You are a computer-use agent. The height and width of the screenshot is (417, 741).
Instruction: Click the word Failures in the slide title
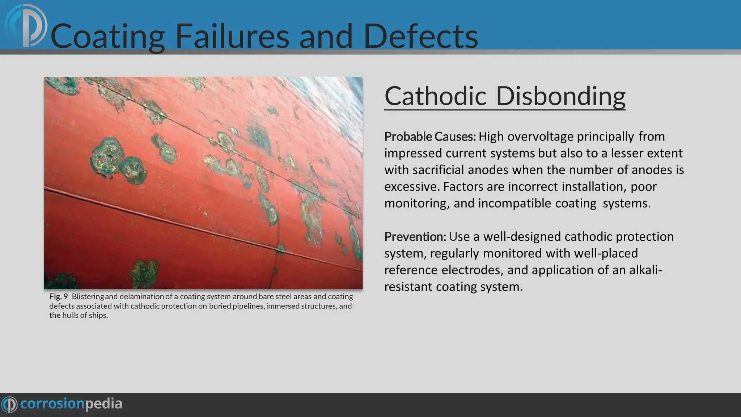point(232,36)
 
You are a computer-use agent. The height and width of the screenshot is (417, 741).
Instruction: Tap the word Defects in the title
point(420,36)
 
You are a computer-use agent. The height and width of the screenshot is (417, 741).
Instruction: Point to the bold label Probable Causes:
point(430,136)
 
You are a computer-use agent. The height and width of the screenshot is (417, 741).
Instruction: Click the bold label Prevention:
point(415,236)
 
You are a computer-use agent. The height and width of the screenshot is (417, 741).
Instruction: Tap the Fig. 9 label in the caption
point(59,296)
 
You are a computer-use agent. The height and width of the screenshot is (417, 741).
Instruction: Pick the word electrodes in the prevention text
point(472,270)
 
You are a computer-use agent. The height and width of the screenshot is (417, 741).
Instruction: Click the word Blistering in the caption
point(88,296)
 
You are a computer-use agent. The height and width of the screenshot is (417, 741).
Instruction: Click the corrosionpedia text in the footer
point(71,404)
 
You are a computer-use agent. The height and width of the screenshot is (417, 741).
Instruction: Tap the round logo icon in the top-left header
point(26,26)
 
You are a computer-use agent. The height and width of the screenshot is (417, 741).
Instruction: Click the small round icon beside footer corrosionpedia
point(9,404)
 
